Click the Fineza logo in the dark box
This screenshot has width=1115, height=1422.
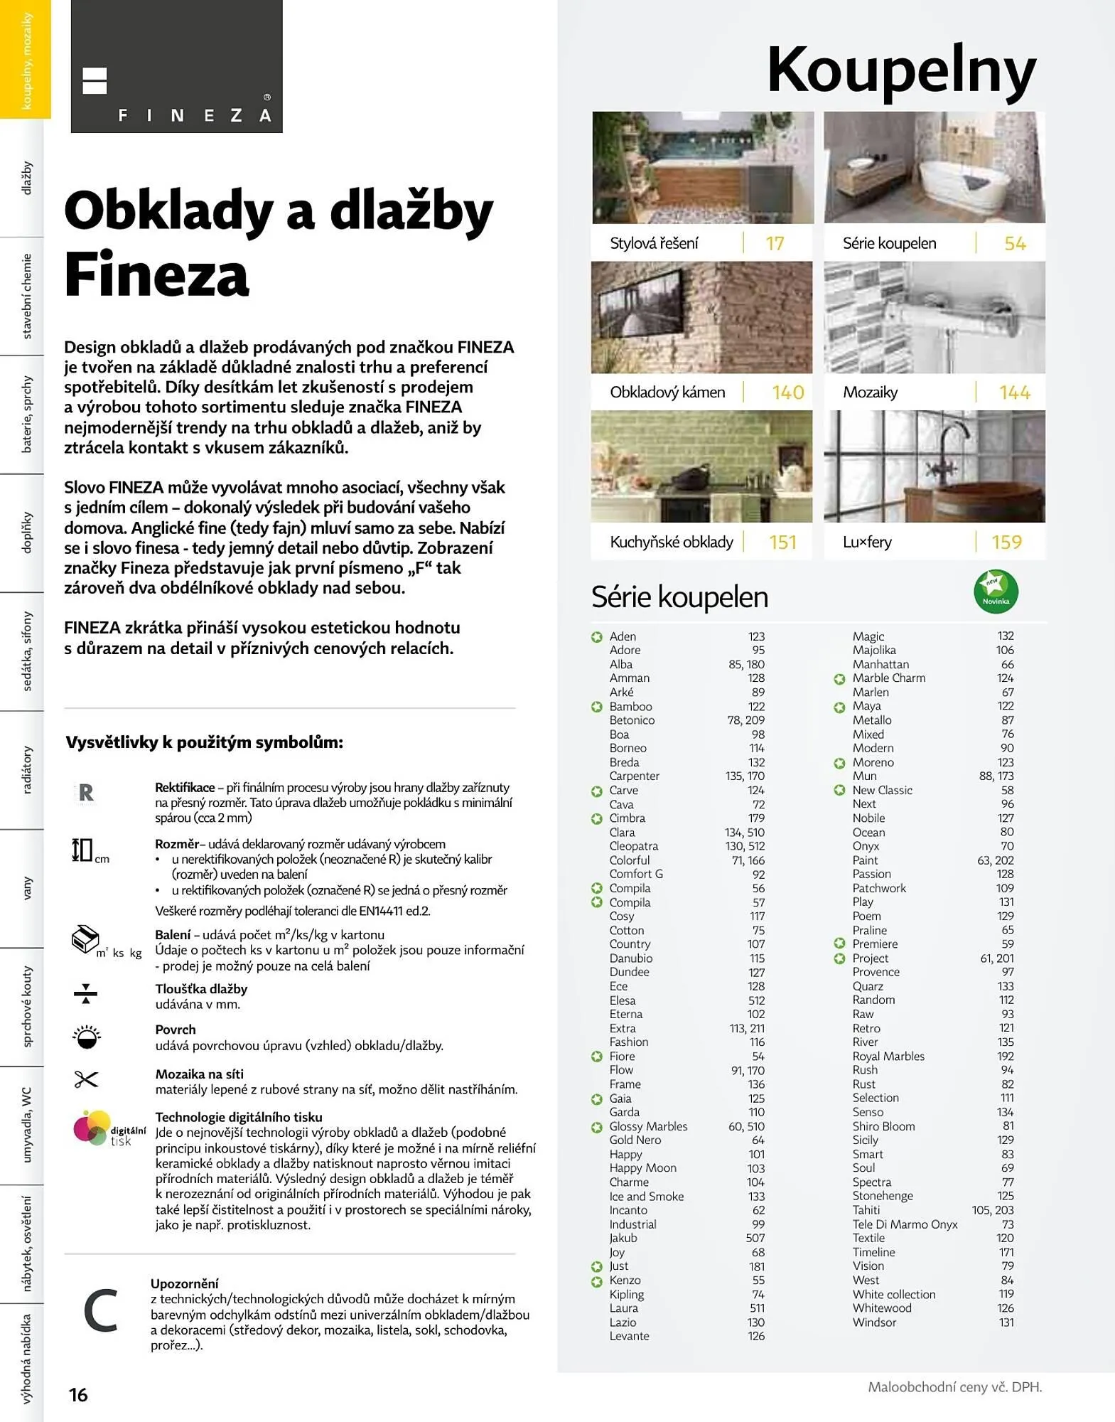pos(176,66)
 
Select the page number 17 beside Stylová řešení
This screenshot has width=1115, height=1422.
pos(775,244)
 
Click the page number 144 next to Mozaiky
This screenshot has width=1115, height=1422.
pos(1014,392)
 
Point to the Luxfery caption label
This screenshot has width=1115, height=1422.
pos(867,542)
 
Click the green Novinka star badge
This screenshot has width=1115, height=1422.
pos(996,592)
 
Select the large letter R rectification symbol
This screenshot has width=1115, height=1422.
pos(86,793)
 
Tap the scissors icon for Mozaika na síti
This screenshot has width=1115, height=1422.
pos(86,1080)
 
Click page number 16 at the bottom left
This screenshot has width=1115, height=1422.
pos(78,1395)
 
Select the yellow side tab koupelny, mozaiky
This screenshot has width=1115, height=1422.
pos(26,60)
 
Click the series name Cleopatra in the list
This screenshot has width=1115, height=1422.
pos(633,846)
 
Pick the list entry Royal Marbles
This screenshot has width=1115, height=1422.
pos(888,1057)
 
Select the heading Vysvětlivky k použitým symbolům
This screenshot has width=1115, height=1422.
pos(204,743)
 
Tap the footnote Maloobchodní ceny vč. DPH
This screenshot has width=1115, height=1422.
pos(954,1387)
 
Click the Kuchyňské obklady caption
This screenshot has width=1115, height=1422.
pos(671,542)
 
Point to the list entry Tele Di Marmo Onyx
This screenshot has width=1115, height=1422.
pos(905,1224)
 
